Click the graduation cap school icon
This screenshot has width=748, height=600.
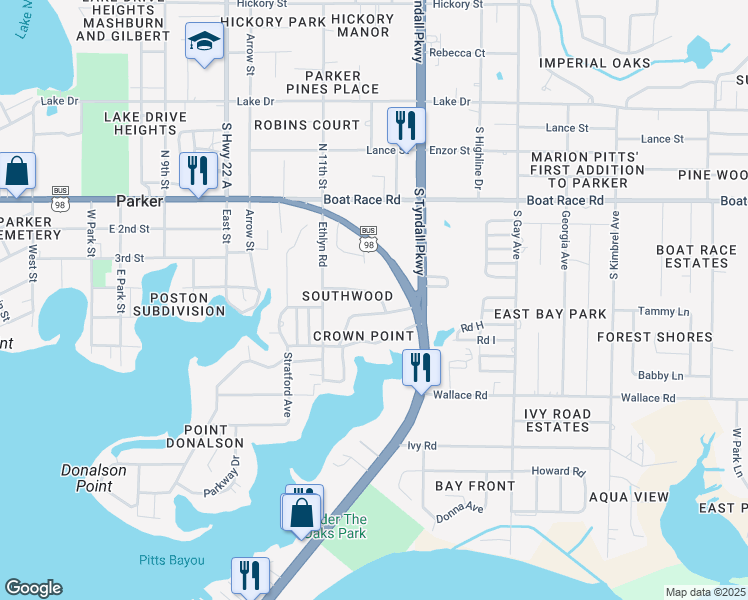(x=204, y=43)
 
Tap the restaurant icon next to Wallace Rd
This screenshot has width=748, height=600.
(x=422, y=366)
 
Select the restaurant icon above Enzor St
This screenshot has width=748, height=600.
(x=406, y=125)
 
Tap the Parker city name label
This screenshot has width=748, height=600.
(x=139, y=200)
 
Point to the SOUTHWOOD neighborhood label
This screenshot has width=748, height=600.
(x=348, y=296)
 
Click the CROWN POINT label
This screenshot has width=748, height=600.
(x=363, y=336)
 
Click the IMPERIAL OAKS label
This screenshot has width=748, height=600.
(x=595, y=63)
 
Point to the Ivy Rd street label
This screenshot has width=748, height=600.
(x=422, y=445)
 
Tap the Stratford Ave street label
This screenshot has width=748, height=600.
(x=287, y=383)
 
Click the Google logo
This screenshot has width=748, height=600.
(x=33, y=588)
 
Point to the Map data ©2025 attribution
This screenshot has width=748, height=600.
(x=705, y=592)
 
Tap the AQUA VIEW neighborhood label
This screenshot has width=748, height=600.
(x=629, y=497)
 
